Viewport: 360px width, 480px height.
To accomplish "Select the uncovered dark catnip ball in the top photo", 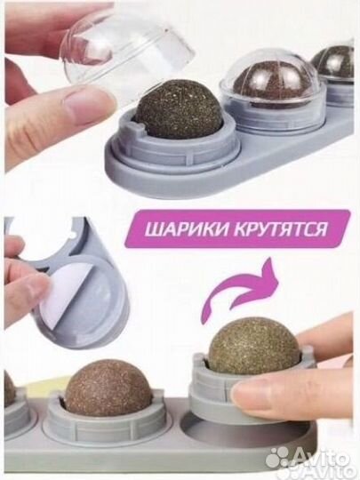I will point(179,108).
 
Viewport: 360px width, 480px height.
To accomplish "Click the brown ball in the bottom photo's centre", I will point(109,388).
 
